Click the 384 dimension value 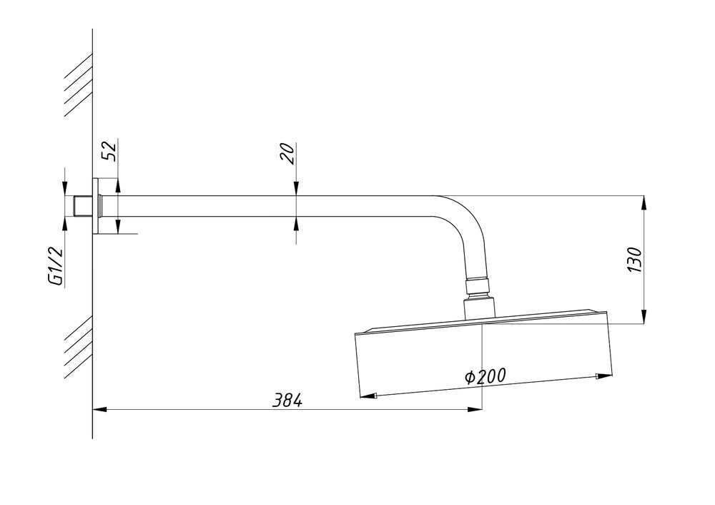point(287,401)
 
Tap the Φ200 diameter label point(485,376)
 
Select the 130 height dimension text point(634,260)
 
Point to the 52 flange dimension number point(109,150)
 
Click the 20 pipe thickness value point(287,153)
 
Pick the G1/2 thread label point(55,266)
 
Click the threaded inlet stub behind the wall point(83,206)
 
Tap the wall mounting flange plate point(95,206)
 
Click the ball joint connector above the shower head point(478,288)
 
